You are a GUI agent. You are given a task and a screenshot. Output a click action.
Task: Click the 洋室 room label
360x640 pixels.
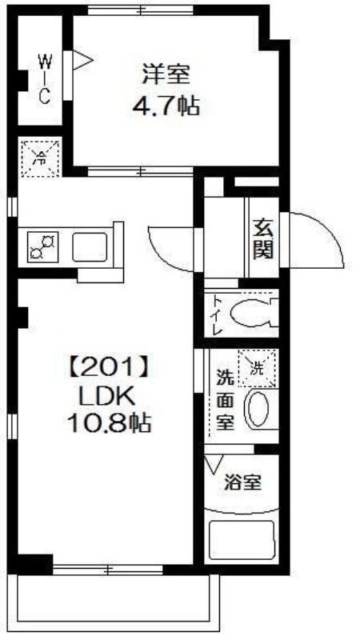[166, 74]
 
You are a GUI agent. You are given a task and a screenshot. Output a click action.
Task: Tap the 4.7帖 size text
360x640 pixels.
[166, 106]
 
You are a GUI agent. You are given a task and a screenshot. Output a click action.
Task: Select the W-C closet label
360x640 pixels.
[45, 78]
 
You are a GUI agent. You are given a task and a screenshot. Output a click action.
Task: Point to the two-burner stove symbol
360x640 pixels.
[43, 246]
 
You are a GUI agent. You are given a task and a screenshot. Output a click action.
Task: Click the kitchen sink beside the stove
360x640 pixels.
[90, 247]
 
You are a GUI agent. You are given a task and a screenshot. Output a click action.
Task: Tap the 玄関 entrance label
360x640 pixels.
[262, 238]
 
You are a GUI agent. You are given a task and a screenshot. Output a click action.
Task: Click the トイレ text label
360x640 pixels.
[217, 314]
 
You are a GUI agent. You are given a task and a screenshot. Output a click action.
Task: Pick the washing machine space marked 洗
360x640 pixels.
[257, 368]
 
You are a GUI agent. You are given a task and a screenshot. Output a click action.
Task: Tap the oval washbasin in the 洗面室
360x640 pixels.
[257, 410]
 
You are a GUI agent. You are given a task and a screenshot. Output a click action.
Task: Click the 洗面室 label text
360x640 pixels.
[225, 401]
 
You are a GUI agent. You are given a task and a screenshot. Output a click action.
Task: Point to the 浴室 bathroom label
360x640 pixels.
[243, 483]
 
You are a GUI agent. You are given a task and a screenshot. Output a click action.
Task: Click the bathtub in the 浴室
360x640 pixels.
[241, 541]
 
